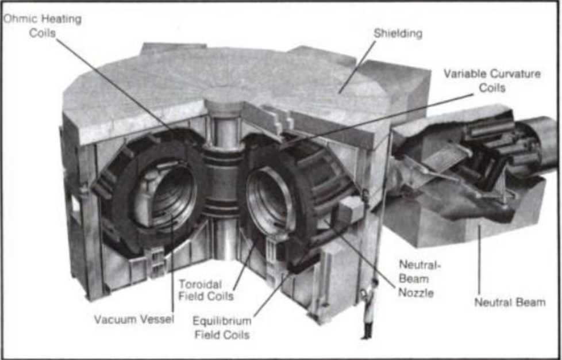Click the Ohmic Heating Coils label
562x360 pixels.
point(43,25)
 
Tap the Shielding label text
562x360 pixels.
point(398,33)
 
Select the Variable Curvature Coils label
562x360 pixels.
point(492,81)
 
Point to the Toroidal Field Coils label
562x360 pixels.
point(206,290)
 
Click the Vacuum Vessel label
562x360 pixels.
point(134,319)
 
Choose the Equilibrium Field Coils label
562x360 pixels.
point(222,327)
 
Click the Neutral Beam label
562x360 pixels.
point(510,302)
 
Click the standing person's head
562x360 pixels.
point(374,283)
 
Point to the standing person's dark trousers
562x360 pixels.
point(367,330)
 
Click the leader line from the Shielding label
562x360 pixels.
point(357,67)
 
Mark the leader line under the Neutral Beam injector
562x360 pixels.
point(479,261)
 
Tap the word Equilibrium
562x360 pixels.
point(222,321)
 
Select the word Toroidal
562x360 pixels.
point(200,284)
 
